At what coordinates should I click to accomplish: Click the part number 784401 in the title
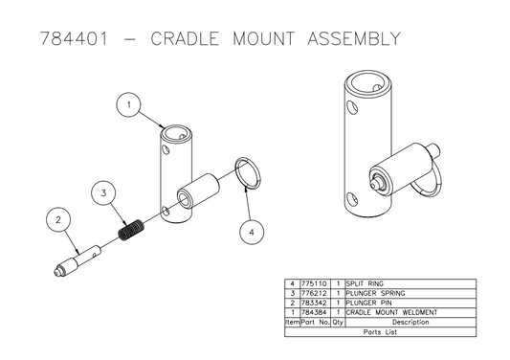[x=70, y=40]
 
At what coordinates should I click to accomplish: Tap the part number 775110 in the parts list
[x=315, y=284]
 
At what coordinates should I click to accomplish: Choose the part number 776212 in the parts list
[x=315, y=294]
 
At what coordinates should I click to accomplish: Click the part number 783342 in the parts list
[x=315, y=303]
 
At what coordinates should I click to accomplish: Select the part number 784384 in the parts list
[x=315, y=312]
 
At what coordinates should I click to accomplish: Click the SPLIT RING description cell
[x=369, y=284]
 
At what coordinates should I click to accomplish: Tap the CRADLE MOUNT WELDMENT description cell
[x=391, y=312]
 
